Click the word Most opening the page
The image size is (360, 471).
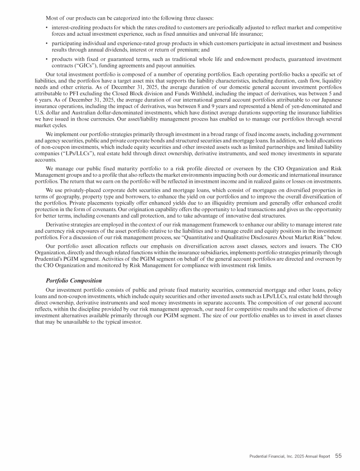(52, 18)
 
